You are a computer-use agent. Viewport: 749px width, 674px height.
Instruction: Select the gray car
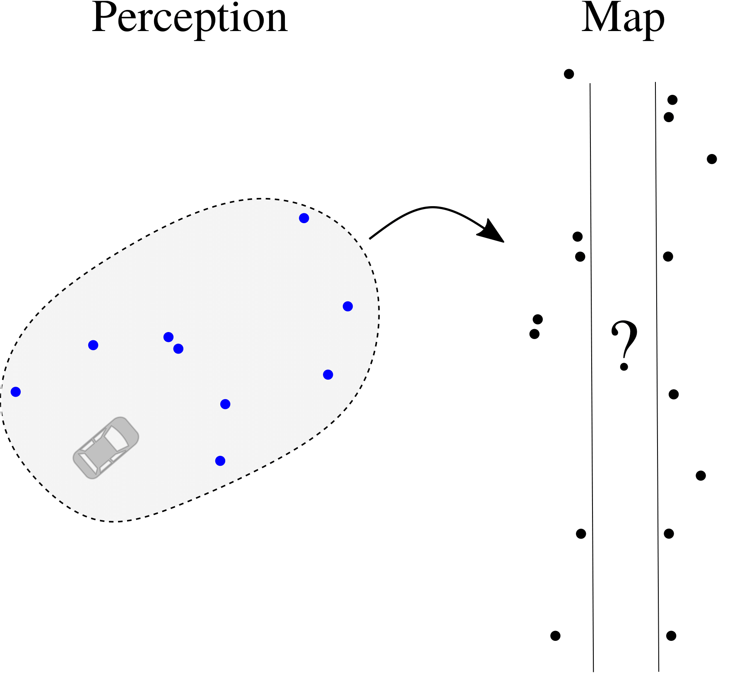tap(106, 448)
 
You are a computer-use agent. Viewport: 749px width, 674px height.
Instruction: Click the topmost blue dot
tap(304, 218)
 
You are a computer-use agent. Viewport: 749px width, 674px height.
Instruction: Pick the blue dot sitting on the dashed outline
tap(16, 392)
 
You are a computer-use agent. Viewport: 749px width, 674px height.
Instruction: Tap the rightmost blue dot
tap(348, 306)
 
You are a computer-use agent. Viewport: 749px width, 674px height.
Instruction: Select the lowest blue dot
tap(220, 461)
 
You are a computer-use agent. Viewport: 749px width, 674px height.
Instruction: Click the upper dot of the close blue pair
tap(169, 337)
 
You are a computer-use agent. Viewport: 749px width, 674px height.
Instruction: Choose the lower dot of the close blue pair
tap(178, 349)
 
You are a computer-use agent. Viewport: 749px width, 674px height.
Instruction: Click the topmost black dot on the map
tap(569, 74)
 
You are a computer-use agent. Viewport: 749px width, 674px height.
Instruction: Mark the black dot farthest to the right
tap(712, 159)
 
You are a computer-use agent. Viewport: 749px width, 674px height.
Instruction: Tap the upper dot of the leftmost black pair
tap(538, 319)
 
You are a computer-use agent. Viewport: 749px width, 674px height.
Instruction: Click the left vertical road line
tap(592, 373)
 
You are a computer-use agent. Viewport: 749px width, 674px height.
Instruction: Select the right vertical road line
tap(657, 373)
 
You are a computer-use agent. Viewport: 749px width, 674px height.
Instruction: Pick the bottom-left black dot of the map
tap(555, 635)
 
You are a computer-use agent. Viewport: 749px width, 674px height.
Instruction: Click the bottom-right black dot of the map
tap(671, 635)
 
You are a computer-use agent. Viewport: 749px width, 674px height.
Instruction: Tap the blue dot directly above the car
tap(93, 345)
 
